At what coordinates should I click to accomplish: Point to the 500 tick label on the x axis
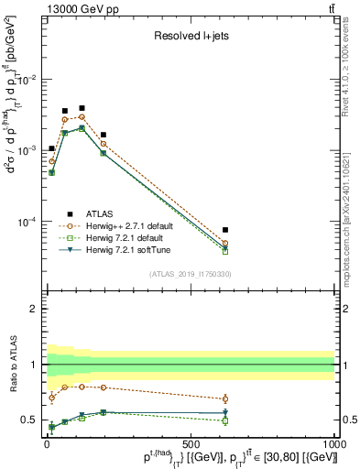point(190,444)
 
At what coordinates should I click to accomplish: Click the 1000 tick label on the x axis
point(333,444)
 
